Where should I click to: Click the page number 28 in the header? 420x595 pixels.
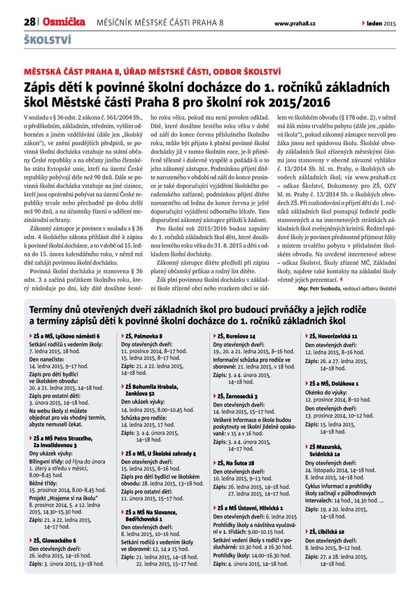(29, 23)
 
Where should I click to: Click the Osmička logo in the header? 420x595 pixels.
(64, 23)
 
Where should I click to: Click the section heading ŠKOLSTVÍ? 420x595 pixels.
(48, 40)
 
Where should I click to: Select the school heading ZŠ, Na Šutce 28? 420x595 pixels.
(235, 463)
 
